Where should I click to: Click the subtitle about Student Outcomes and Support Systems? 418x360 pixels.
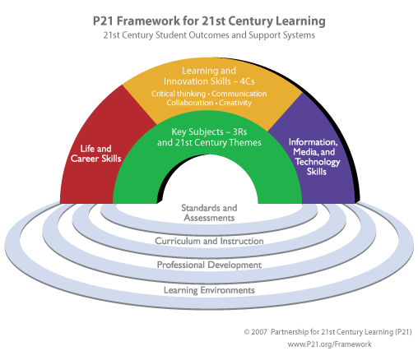pos(209,36)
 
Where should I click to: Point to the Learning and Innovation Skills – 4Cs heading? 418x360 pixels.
pos(209,76)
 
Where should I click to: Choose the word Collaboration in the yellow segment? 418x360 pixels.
pos(189,104)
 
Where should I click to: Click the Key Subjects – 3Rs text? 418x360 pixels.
pos(209,132)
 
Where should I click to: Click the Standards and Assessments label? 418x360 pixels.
pos(209,213)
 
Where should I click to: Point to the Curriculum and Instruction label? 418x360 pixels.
pos(209,241)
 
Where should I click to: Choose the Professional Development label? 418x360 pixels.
pos(209,265)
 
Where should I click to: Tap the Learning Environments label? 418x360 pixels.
pos(209,289)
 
